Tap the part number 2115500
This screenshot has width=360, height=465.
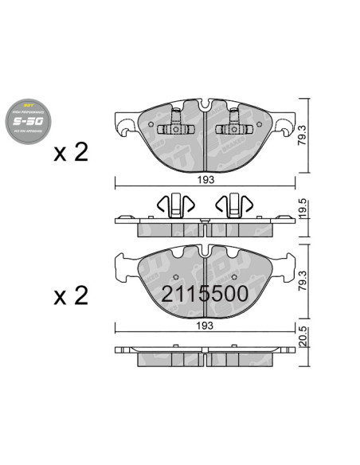click(x=205, y=294)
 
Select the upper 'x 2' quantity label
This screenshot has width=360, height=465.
click(x=70, y=153)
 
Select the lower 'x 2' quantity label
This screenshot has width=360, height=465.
click(x=70, y=297)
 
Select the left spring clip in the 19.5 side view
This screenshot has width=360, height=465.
click(x=174, y=205)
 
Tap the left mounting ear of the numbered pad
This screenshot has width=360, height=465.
click(x=123, y=268)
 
